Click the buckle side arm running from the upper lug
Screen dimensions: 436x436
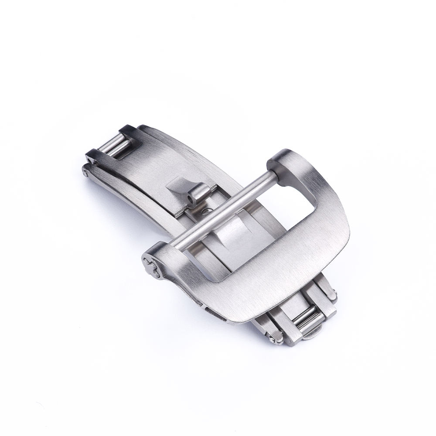coord(323,192)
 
